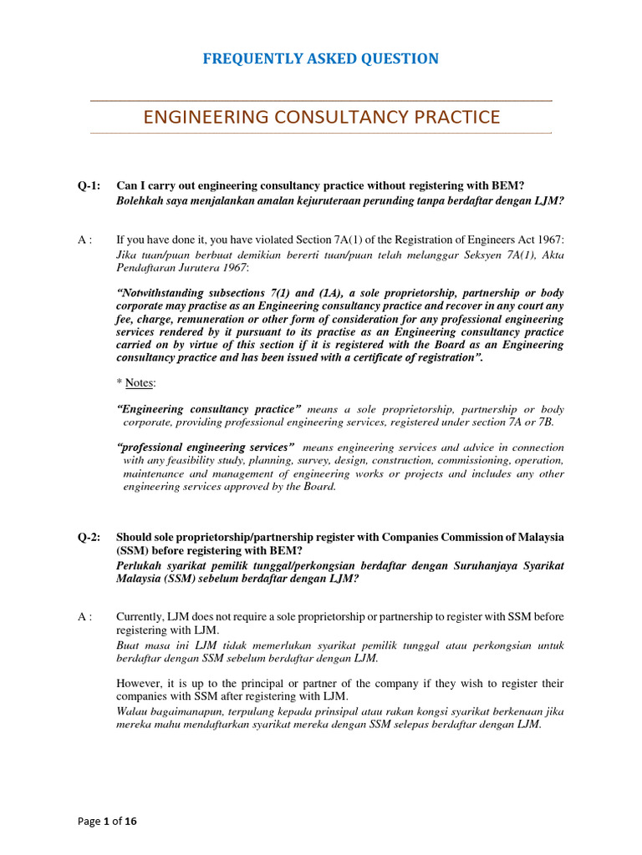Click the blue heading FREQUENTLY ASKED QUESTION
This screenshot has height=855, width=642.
click(x=321, y=58)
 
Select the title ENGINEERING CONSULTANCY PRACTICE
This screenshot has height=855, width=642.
click(x=321, y=117)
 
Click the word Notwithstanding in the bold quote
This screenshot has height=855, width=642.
click(x=167, y=293)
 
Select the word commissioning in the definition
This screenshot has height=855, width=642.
click(x=443, y=460)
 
